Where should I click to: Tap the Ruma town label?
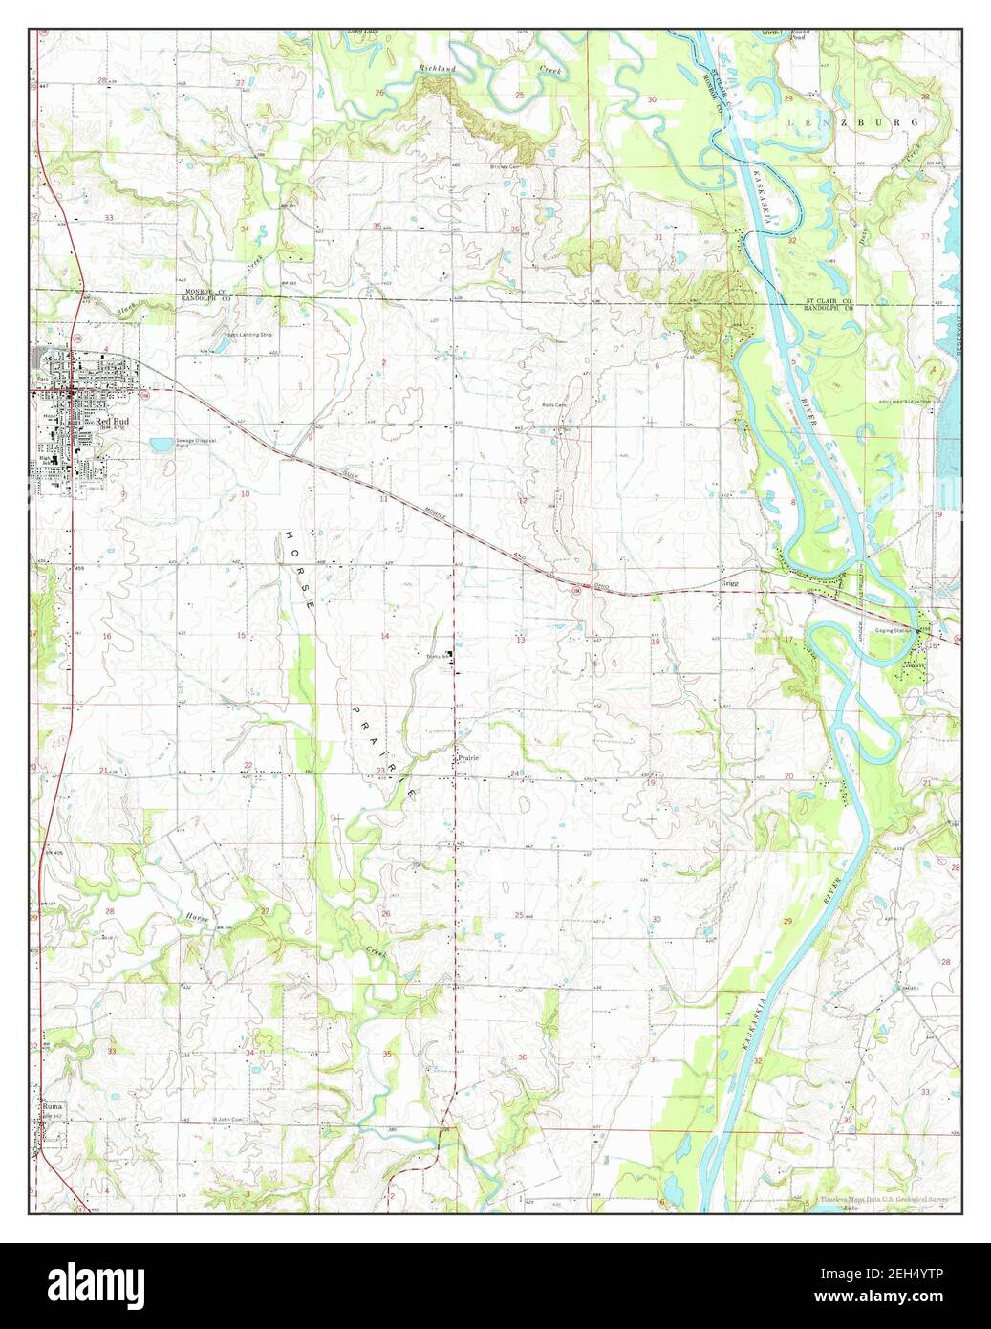point(50,1107)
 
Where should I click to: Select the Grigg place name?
point(730,581)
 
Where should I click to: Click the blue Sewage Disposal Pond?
point(161,444)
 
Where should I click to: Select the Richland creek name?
point(438,70)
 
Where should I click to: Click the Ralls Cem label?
point(555,404)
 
